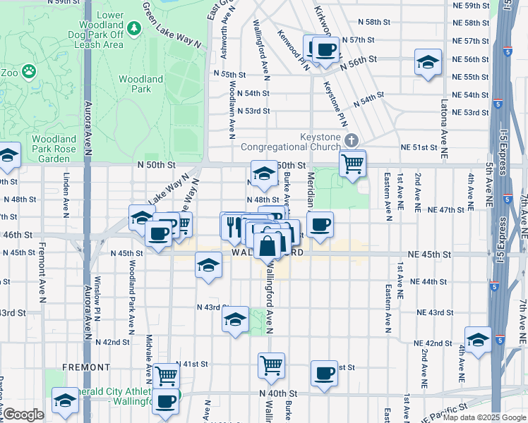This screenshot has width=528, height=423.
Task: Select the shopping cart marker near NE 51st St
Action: coord(352,164)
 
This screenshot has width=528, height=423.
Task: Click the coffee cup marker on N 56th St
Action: coord(325,50)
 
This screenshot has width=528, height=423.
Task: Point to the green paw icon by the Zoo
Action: coord(28,70)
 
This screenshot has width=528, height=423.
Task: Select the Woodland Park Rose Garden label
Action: coord(64,149)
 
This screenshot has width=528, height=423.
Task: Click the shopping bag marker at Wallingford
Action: coord(268,247)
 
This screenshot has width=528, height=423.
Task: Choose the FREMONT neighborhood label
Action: coord(86,367)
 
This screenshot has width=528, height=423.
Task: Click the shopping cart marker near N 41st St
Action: coord(167,376)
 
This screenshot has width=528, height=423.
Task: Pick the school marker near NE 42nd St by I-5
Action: coord(478,340)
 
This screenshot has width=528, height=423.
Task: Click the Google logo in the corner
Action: coord(23,414)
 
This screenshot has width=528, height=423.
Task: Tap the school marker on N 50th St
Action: coord(263,173)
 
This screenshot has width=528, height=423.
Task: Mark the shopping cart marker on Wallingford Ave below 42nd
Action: coord(271,365)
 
